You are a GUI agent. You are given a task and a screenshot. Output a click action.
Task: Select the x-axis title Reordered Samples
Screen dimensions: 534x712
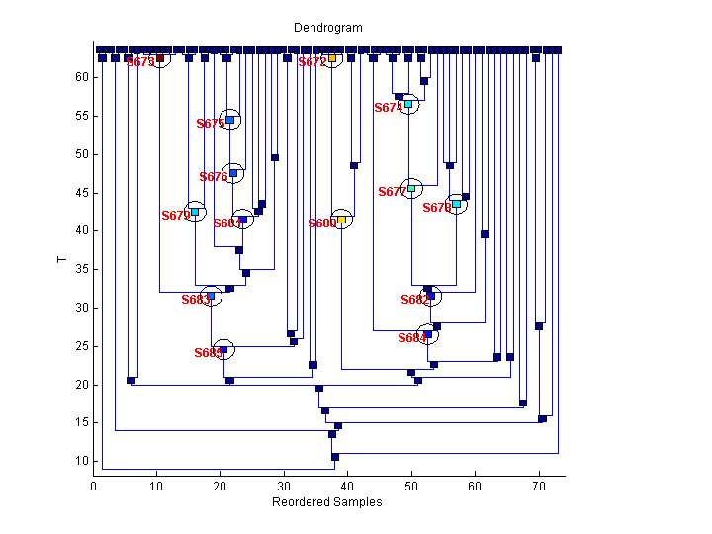coord(326,502)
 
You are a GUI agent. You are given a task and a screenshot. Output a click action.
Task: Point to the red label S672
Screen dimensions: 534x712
coord(311,62)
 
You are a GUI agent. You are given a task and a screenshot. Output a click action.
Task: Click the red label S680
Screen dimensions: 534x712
coord(321,223)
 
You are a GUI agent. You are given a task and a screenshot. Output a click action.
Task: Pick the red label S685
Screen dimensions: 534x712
coord(208,353)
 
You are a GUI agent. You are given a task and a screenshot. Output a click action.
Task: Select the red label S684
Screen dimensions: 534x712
coord(411,338)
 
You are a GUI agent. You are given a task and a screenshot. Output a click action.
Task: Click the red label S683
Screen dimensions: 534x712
coord(195,300)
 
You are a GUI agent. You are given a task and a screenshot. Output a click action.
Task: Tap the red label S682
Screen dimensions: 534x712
coord(414,300)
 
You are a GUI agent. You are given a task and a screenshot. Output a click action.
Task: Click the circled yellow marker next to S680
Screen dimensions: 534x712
coord(341,220)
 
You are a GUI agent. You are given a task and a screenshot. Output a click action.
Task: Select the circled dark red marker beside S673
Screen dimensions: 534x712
coord(160,58)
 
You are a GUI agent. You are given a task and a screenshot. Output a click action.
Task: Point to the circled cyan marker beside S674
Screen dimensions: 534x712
coord(407,104)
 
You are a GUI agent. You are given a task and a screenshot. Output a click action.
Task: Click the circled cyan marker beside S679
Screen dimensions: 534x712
coord(195,211)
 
